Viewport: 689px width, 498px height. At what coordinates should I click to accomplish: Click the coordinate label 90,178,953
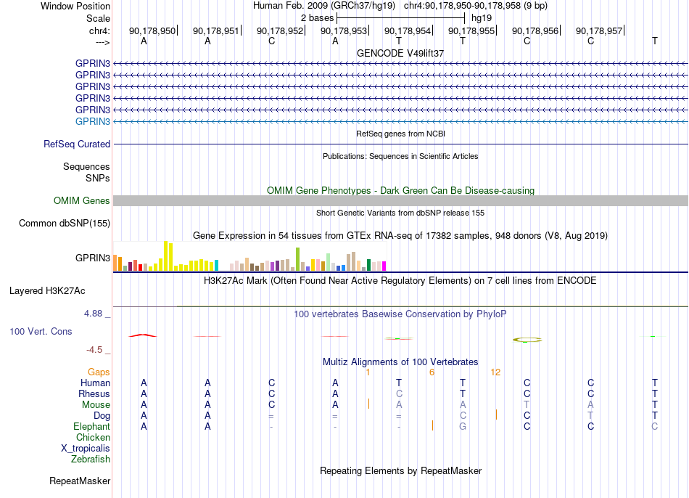[x=344, y=30]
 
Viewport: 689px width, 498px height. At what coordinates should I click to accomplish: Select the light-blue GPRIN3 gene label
[x=93, y=121]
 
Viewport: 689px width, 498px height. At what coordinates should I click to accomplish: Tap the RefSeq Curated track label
[x=77, y=144]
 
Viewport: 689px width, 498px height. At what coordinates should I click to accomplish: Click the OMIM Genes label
[x=82, y=200]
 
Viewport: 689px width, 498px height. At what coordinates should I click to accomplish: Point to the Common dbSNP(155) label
[x=65, y=223]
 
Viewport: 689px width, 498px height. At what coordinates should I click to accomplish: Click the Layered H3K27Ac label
[x=47, y=291]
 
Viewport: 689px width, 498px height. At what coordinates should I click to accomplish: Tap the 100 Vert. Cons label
[x=41, y=331]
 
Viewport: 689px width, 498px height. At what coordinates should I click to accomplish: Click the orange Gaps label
[x=99, y=372]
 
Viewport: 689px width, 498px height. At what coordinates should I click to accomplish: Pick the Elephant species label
[x=92, y=426]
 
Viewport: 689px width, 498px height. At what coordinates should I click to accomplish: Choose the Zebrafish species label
[x=91, y=459]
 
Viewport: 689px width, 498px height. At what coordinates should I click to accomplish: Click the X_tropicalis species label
[x=86, y=449]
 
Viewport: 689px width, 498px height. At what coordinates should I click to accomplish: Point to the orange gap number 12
[x=495, y=372]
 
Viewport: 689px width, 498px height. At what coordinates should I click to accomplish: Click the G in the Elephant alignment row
[x=463, y=426]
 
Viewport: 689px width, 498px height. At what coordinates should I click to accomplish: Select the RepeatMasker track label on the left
[x=80, y=481]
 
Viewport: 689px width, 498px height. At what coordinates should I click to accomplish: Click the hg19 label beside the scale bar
[x=482, y=18]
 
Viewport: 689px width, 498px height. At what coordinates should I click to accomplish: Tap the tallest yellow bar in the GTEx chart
[x=165, y=256]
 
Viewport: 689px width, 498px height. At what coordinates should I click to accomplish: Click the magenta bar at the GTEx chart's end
[x=384, y=266]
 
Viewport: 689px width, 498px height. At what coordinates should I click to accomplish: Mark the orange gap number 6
[x=432, y=372]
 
